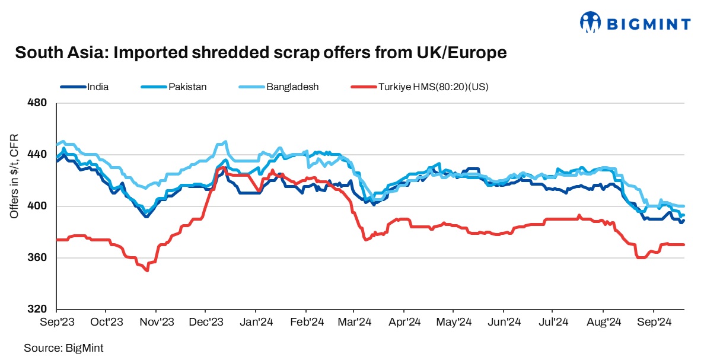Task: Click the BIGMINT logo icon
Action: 591,23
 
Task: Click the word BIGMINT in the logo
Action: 648,24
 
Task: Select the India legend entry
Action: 97,87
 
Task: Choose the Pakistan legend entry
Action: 187,87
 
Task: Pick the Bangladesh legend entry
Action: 292,87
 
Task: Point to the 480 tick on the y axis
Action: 37,103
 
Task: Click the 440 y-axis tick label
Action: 37,155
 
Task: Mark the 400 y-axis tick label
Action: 37,206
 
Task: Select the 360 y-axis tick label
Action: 37,258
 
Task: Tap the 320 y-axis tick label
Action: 37,310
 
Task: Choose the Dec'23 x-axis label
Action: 207,323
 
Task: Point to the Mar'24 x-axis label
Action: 355,323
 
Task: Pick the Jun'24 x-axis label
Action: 505,323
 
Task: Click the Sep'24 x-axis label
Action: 655,323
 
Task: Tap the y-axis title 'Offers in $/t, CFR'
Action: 14,177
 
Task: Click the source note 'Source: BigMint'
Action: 59,348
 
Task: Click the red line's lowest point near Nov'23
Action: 147,270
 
